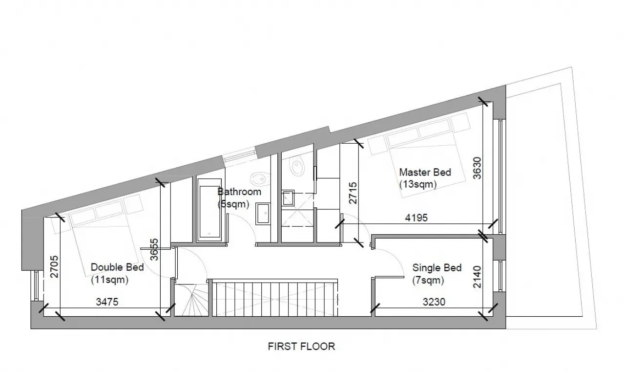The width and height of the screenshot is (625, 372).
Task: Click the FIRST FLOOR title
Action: pos(301,346)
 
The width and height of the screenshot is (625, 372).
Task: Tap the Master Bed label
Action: pos(425,173)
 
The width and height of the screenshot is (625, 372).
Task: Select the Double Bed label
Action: pos(117,267)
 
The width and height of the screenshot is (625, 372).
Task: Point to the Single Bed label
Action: pos(437,268)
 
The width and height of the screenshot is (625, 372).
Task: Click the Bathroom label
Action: pos(239,192)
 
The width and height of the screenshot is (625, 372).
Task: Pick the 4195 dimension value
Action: pos(417,218)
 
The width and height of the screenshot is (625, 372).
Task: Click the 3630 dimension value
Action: pos(478,168)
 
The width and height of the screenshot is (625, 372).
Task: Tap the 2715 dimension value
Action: pos(353,193)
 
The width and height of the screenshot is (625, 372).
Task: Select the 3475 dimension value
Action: pos(107,302)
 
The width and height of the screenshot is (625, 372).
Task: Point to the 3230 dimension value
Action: pos(434,302)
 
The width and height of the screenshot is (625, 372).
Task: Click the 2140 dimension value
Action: pos(478,277)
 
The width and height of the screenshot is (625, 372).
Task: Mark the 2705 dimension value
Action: pos(54,267)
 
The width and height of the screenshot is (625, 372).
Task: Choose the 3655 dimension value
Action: pos(154,249)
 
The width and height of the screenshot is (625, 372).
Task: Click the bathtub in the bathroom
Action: pos(209,210)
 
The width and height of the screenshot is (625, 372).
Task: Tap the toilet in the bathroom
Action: pos(261,178)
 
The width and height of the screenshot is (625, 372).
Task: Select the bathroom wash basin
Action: pos(263,214)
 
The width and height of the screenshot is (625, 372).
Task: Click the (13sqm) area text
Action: pos(417,185)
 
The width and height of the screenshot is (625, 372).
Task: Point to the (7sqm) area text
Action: pos(428,280)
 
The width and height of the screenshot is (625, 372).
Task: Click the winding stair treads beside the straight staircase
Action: pos(192,300)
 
